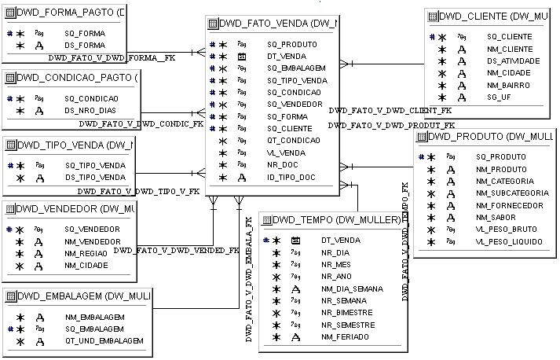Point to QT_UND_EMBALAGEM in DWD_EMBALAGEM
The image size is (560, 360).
pos(104,341)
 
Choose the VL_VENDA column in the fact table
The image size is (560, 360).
pos(287,153)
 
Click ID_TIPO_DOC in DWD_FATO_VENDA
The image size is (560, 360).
pos(291,178)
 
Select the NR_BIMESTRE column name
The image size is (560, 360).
pos(346,313)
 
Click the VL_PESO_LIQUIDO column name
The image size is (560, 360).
pos(510,241)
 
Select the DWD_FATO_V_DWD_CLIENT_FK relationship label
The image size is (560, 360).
pos(390,111)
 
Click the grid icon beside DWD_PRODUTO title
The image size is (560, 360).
pos(422,137)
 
